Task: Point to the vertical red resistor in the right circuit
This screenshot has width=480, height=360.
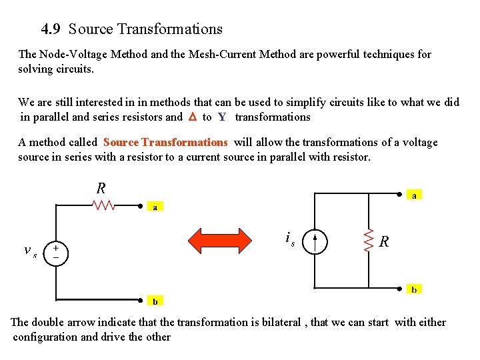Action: point(368,241)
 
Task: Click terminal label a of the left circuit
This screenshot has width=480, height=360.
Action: point(155,207)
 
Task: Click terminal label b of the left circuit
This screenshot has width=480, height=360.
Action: point(155,301)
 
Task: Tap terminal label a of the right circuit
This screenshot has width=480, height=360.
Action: point(414,195)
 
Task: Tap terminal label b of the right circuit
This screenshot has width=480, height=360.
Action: point(414,290)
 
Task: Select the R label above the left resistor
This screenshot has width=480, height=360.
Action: point(101,188)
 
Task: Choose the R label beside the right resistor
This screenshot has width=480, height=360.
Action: point(385,242)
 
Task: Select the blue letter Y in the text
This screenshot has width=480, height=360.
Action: point(222,117)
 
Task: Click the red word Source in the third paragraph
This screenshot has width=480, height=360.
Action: point(121,142)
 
